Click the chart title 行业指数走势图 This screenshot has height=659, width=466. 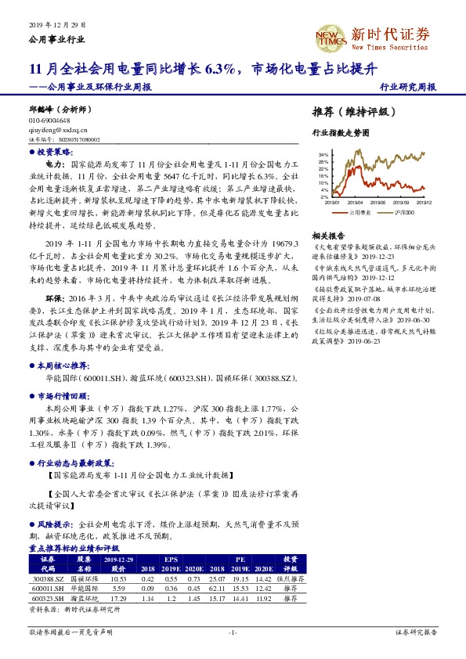click(340, 134)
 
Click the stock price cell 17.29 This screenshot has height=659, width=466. click(119, 598)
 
